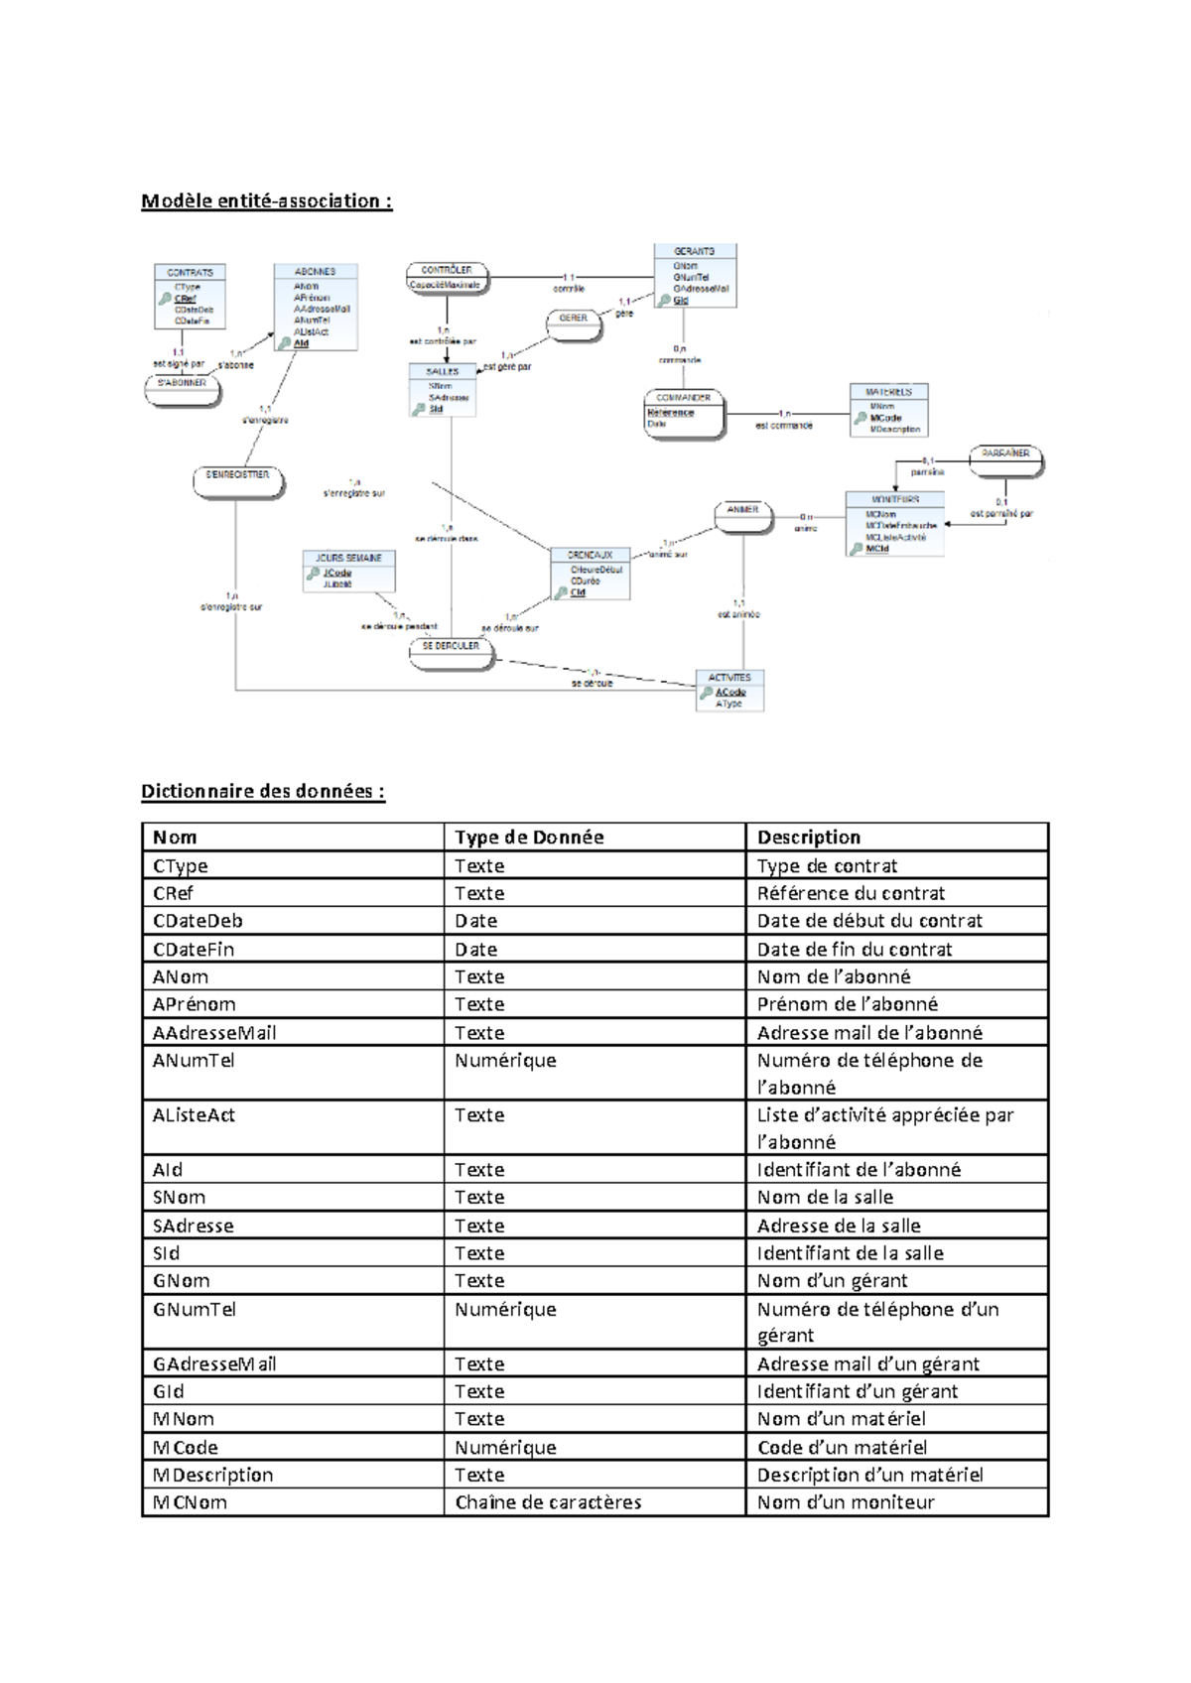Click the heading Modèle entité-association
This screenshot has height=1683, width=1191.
[266, 201]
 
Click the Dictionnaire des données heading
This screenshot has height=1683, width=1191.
[262, 791]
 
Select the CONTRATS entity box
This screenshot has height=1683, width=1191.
[191, 296]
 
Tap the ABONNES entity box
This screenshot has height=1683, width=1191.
[316, 307]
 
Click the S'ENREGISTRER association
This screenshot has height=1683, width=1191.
[238, 481]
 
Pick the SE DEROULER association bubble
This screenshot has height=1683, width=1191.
[452, 652]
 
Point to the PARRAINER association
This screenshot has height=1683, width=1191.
[1006, 459]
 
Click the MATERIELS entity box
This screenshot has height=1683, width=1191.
[889, 410]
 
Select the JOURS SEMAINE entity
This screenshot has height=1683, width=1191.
[349, 572]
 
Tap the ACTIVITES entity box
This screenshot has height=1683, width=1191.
[730, 691]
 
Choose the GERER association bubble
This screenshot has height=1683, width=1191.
[574, 324]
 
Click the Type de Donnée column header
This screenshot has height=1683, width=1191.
[529, 838]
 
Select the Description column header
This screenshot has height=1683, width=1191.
[809, 838]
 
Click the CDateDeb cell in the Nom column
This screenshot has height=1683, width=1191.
[198, 921]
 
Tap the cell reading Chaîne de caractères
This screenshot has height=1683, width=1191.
[548, 1502]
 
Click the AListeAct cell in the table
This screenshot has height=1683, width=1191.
[194, 1115]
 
